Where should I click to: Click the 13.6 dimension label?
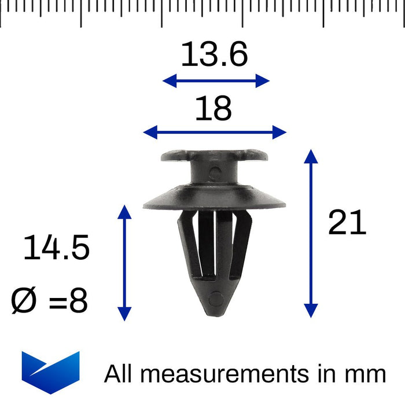coord(214,56)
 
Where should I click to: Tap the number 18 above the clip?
coord(213,108)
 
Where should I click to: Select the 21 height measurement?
coord(347,223)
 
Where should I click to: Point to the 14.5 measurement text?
coord(56,248)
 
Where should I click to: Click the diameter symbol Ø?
coord(24,301)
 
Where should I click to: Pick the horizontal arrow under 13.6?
coord(216,80)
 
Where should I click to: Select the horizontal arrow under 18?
coord(215,132)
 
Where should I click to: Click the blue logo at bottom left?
coord(50,373)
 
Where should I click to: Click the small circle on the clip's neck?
coord(215,172)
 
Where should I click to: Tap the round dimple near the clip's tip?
coord(215,300)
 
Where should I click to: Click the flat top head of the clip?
coord(215,156)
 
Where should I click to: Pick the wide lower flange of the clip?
coord(215,199)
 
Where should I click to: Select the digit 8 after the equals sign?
coord(78,301)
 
